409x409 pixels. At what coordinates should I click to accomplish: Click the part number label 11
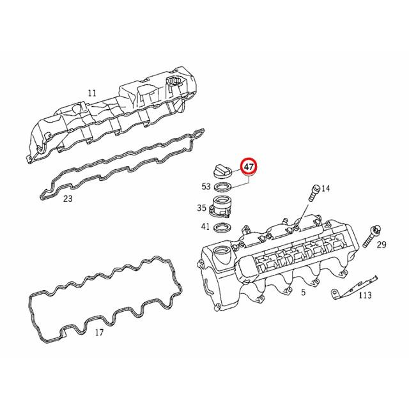pyautogui.click(x=92, y=93)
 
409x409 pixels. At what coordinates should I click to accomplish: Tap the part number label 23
pyautogui.click(x=68, y=199)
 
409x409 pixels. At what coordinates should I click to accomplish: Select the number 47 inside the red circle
pyautogui.click(x=249, y=167)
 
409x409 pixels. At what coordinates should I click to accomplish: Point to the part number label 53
pyautogui.click(x=206, y=187)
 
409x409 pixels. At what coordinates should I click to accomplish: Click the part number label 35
pyautogui.click(x=201, y=208)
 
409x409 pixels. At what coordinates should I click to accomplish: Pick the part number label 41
pyautogui.click(x=206, y=227)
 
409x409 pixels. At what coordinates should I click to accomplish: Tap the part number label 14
pyautogui.click(x=326, y=188)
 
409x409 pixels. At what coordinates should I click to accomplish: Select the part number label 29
pyautogui.click(x=382, y=245)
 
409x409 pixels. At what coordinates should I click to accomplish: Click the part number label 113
pyautogui.click(x=364, y=295)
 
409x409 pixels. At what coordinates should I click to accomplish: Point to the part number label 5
pyautogui.click(x=304, y=292)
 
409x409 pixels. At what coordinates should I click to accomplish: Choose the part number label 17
pyautogui.click(x=98, y=332)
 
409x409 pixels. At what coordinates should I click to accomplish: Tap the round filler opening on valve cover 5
pyautogui.click(x=223, y=256)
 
